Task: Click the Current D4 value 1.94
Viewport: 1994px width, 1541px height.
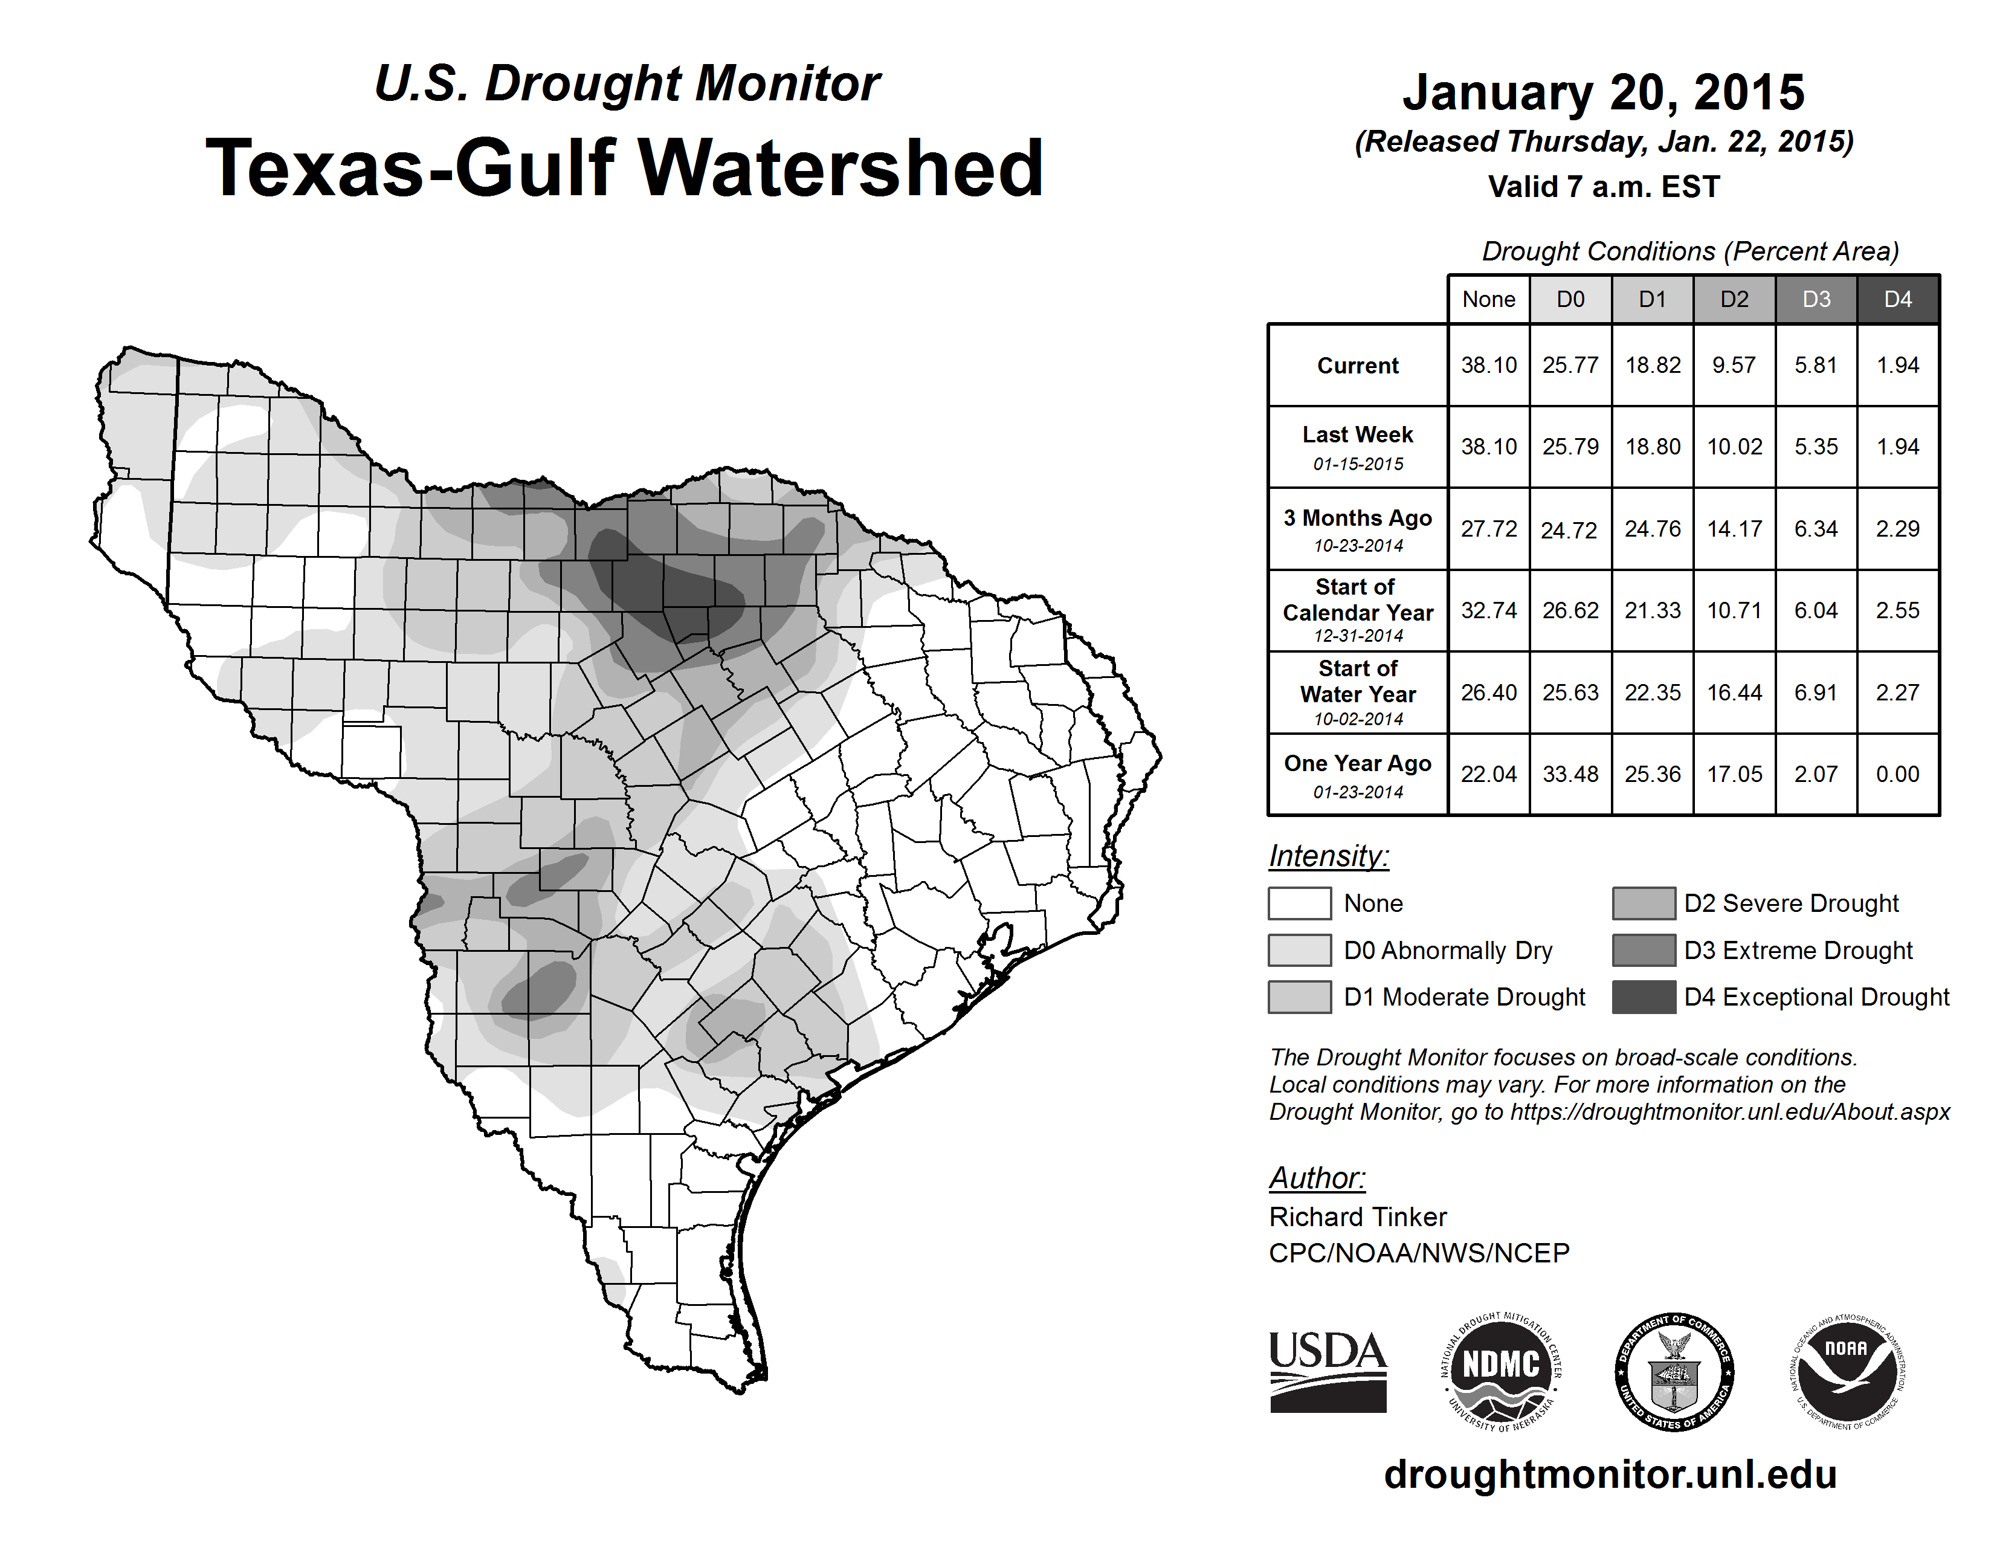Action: point(1897,365)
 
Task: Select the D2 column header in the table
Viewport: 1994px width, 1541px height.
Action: point(1734,299)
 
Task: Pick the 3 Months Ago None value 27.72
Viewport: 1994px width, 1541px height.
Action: point(1488,529)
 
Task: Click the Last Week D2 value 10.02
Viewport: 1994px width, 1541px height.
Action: point(1734,447)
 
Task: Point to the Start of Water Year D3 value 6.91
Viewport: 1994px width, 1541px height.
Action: point(1816,692)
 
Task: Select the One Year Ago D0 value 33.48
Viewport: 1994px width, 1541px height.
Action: point(1570,774)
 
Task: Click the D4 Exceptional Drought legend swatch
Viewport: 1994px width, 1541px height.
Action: point(1644,997)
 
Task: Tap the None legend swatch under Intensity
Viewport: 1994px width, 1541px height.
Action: point(1299,903)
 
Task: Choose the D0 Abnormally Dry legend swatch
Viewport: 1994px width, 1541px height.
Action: point(1299,949)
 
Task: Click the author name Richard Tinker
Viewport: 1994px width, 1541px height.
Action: point(1358,1217)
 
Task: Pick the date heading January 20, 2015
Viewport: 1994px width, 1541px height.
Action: point(1603,92)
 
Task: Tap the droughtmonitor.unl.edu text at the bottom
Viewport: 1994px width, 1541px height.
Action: point(1610,1475)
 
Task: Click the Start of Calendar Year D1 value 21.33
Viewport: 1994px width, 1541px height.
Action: point(1653,610)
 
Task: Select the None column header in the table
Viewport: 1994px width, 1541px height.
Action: point(1488,299)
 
